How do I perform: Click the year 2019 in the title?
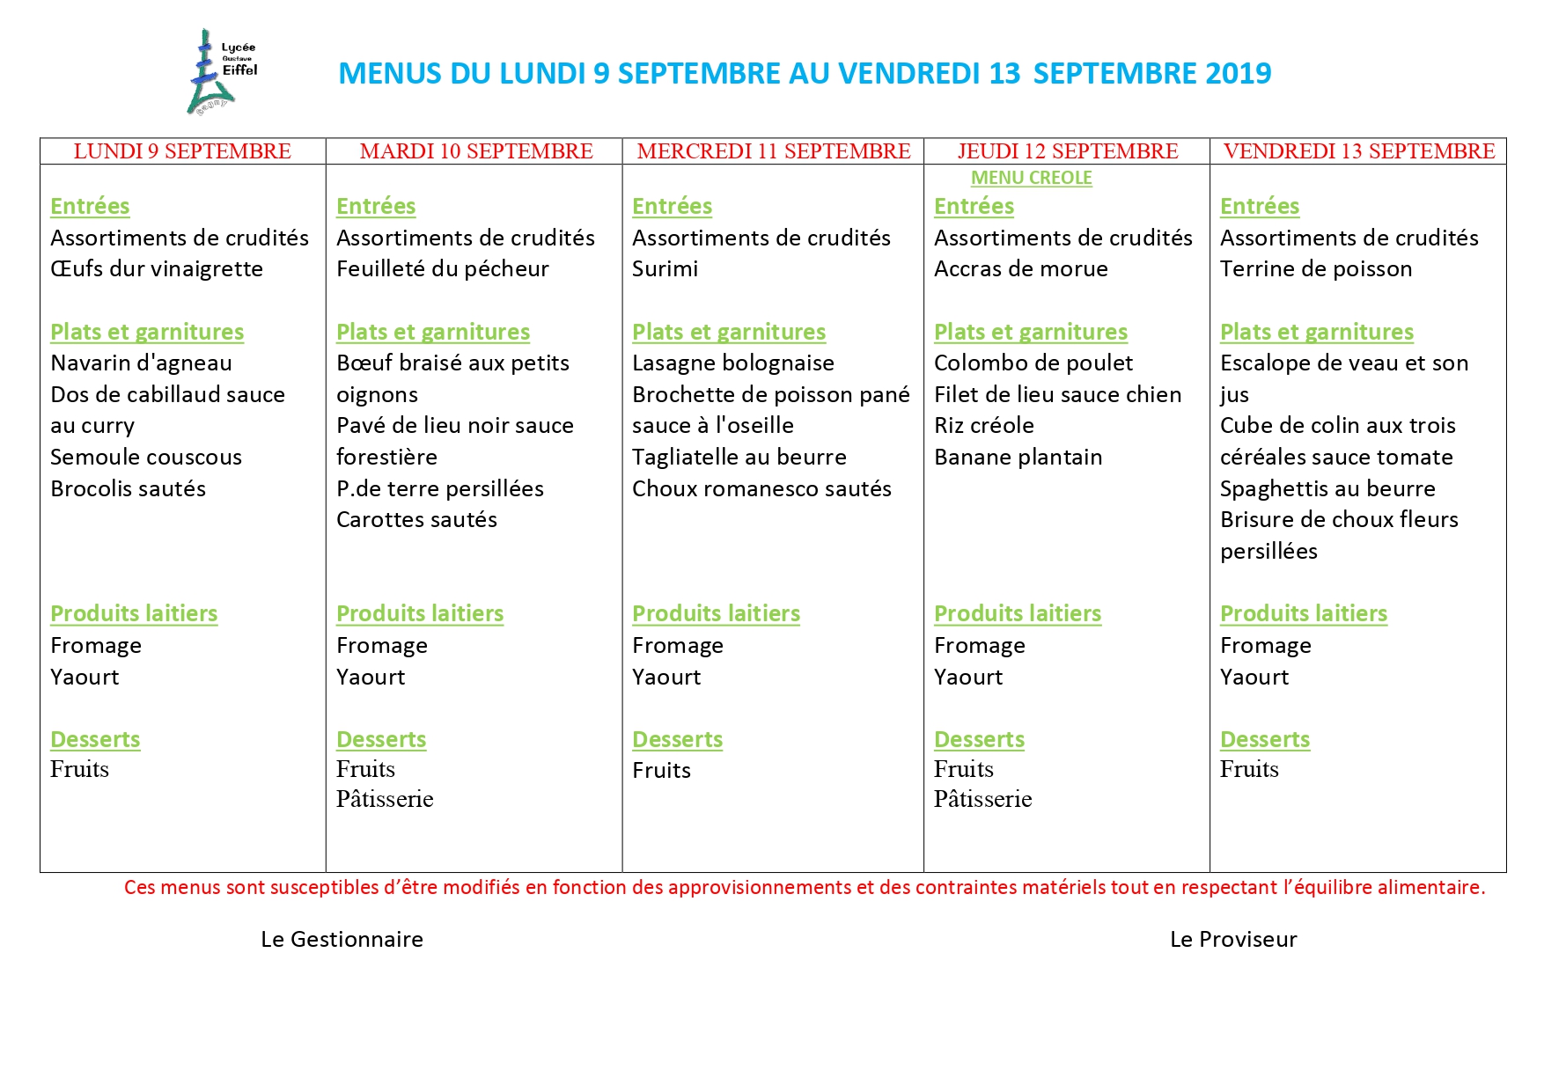pos(1238,73)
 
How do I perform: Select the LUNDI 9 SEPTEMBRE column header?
pos(182,151)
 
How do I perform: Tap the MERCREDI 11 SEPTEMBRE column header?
pos(773,151)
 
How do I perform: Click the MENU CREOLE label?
pos(1031,178)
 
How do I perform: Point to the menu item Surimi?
pos(665,269)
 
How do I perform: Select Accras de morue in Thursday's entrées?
pos(1020,269)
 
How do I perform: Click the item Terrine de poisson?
pos(1315,269)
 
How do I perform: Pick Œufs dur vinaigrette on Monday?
pos(157,269)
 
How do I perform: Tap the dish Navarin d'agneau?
pos(141,363)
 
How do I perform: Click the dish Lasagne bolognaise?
pos(732,363)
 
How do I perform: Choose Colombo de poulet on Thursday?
pos(1033,363)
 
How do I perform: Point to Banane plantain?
pos(1018,458)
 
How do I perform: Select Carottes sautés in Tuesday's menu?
pos(416,520)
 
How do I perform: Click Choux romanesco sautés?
pos(761,489)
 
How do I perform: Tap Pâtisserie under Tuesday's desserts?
pos(385,799)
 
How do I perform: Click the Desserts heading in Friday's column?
pos(1264,740)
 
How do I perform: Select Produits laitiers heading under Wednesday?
pos(716,614)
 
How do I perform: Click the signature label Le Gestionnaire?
pos(342,940)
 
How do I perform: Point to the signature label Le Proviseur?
pos(1232,940)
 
